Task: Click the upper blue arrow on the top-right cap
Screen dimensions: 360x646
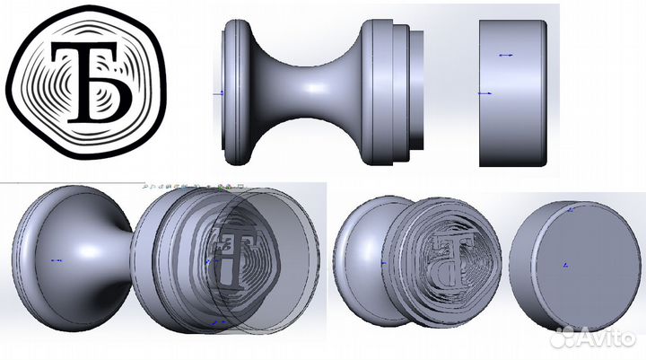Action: click(x=505, y=55)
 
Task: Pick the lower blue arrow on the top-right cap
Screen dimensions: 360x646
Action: click(x=484, y=92)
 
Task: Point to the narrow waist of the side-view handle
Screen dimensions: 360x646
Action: click(x=310, y=90)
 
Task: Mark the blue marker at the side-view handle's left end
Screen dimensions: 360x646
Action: click(x=220, y=92)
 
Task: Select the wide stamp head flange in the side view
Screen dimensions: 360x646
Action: click(x=377, y=90)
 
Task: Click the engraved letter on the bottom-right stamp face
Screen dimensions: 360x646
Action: click(x=454, y=256)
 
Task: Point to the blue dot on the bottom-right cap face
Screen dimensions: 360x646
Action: click(x=564, y=266)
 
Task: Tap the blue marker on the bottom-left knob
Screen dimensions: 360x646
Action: click(x=56, y=261)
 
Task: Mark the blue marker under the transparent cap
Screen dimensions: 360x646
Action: click(x=215, y=321)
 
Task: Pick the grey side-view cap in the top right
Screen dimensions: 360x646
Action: click(x=513, y=90)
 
